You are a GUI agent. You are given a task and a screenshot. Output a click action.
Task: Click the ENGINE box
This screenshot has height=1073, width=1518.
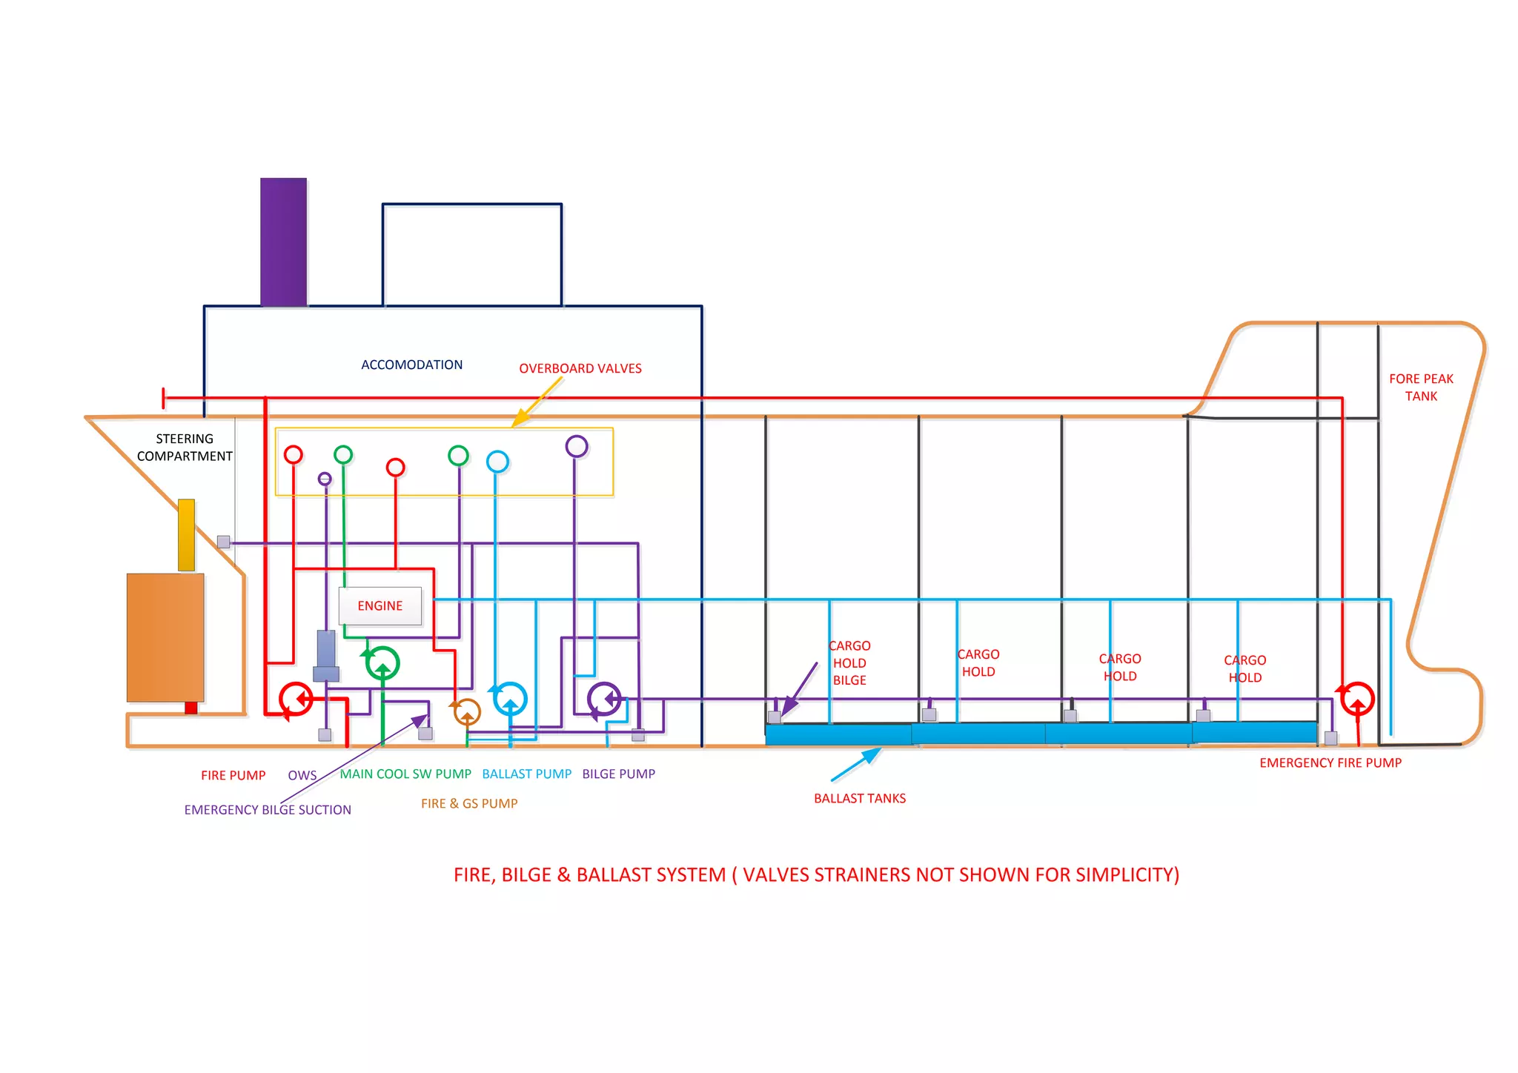[x=380, y=605]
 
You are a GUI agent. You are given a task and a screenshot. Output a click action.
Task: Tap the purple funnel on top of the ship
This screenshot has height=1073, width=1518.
[x=283, y=242]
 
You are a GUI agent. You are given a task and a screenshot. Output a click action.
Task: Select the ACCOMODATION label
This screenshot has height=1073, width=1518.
[x=411, y=365]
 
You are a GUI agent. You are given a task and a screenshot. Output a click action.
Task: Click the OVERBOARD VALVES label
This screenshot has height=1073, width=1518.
[x=580, y=368]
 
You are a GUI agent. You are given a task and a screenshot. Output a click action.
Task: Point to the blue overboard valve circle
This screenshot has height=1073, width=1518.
[x=497, y=462]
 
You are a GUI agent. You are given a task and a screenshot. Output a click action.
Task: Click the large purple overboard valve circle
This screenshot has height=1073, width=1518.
[x=577, y=446]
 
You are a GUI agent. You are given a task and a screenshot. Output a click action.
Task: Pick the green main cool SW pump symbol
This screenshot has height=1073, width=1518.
[x=382, y=663]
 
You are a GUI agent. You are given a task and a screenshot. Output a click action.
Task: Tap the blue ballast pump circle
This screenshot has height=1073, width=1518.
[x=510, y=699]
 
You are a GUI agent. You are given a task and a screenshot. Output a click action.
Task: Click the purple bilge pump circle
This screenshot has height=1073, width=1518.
[x=604, y=699]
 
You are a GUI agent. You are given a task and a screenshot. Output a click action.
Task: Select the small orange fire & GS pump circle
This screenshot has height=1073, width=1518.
[x=467, y=712]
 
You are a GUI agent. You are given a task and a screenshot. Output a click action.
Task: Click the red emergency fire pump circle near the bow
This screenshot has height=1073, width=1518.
[x=1357, y=699]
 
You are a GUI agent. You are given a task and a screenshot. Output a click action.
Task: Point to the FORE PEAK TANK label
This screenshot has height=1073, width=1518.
[x=1421, y=388]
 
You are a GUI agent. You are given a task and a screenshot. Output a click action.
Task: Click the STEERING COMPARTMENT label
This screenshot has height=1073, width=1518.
[x=185, y=448]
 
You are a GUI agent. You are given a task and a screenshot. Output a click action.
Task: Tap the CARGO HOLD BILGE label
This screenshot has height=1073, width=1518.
[x=849, y=663]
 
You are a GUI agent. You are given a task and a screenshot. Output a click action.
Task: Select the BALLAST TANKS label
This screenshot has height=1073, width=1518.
[x=860, y=798]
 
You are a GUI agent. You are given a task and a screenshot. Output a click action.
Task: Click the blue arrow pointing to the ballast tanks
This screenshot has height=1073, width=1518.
[x=856, y=765]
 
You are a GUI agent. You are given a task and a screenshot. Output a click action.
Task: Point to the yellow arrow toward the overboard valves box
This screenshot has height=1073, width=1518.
[x=537, y=402]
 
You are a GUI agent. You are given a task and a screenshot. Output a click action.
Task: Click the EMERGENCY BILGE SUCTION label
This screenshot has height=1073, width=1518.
[x=268, y=810]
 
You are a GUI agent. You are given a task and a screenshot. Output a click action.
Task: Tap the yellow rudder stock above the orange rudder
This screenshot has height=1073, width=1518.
[x=186, y=535]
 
